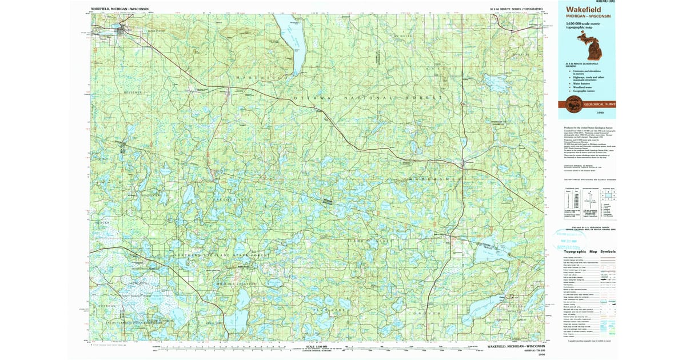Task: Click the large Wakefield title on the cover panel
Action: (585, 10)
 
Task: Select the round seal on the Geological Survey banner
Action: (573, 104)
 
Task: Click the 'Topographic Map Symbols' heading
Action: (589, 251)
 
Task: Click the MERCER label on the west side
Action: (103, 222)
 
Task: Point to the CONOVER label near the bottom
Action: (424, 314)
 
